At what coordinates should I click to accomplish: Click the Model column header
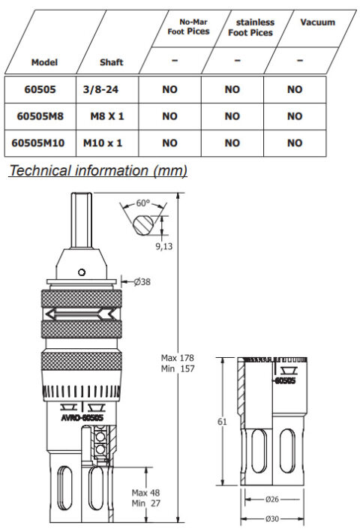tap(44, 62)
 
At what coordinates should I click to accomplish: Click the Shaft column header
tap(111, 62)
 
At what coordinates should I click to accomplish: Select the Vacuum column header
tap(317, 23)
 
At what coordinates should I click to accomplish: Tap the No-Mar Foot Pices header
tap(188, 28)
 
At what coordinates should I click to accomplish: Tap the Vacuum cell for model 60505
tap(294, 89)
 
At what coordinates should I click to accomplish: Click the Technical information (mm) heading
tap(97, 171)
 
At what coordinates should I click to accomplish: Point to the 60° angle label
tap(142, 203)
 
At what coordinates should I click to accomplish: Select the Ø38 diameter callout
tap(142, 282)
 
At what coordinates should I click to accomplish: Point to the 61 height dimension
tap(222, 422)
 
